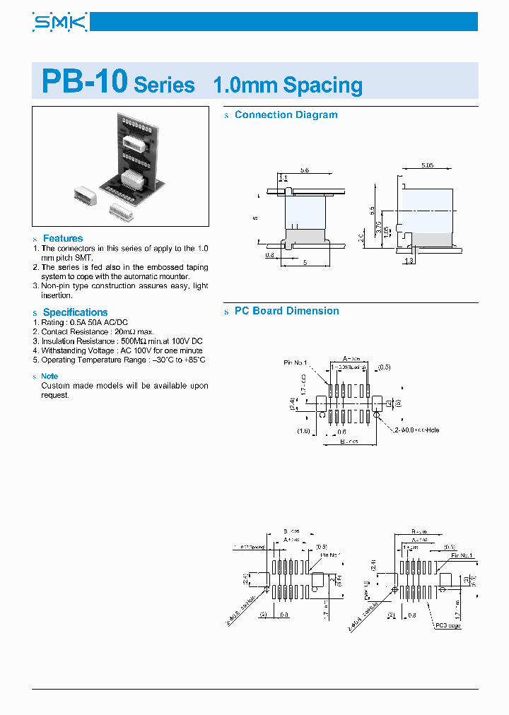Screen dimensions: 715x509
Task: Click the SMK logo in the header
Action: point(59,23)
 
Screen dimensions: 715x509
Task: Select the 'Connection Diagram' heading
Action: point(286,114)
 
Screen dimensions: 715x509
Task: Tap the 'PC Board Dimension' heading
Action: point(286,311)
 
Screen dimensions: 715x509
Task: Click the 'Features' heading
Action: point(63,239)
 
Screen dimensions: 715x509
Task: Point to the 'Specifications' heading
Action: point(75,312)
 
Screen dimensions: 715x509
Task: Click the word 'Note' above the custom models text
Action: point(49,377)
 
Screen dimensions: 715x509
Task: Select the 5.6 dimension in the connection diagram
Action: point(305,170)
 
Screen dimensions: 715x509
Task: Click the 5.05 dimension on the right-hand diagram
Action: point(428,165)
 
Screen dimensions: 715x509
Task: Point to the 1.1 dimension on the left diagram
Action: point(283,177)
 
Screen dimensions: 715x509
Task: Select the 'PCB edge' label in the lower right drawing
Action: point(448,625)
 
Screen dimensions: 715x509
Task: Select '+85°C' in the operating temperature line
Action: point(191,360)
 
